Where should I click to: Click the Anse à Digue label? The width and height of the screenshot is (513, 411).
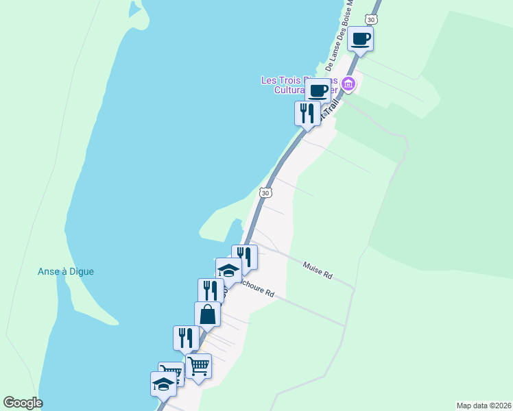click(66, 271)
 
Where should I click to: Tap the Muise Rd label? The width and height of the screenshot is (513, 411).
click(318, 270)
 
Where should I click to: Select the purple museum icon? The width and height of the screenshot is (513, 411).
click(349, 84)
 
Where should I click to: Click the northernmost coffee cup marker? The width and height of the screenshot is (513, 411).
click(361, 38)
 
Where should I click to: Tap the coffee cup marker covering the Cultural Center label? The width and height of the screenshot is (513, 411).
click(318, 90)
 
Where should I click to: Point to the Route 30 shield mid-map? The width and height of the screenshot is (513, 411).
click(265, 193)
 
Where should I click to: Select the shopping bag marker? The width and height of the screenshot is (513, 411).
click(207, 314)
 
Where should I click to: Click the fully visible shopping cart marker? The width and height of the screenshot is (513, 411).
click(198, 366)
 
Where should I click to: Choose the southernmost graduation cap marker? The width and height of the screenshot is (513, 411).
click(163, 384)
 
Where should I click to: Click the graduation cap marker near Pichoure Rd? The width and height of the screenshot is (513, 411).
click(228, 270)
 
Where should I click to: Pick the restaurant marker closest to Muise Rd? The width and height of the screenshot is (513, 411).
click(244, 257)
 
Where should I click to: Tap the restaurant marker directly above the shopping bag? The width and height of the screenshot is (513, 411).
click(211, 290)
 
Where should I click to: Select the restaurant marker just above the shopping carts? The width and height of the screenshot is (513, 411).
click(186, 338)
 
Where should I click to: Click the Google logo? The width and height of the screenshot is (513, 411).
click(23, 403)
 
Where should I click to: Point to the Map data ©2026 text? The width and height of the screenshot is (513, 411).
click(484, 405)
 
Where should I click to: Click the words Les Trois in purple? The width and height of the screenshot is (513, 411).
click(277, 79)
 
